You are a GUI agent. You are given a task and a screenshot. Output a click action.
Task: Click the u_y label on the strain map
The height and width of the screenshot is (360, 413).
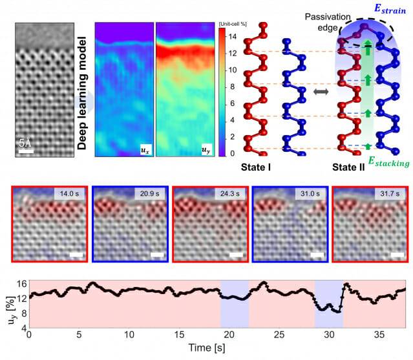pyautogui.click(x=206, y=149)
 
